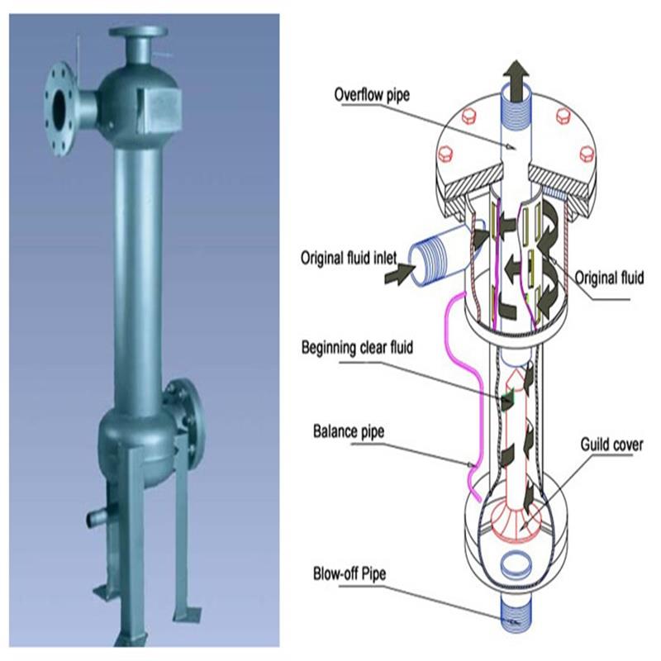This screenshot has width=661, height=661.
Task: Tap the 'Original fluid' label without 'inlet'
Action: coord(609,278)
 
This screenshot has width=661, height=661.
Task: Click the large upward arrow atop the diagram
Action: coord(517,78)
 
